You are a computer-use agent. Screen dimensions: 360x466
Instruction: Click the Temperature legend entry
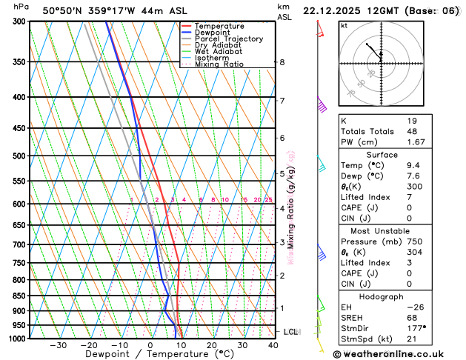(219, 26)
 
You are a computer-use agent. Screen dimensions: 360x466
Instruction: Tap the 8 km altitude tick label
(282, 62)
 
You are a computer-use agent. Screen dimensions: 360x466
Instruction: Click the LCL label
(290, 332)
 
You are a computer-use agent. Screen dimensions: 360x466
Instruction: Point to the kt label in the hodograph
(344, 26)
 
